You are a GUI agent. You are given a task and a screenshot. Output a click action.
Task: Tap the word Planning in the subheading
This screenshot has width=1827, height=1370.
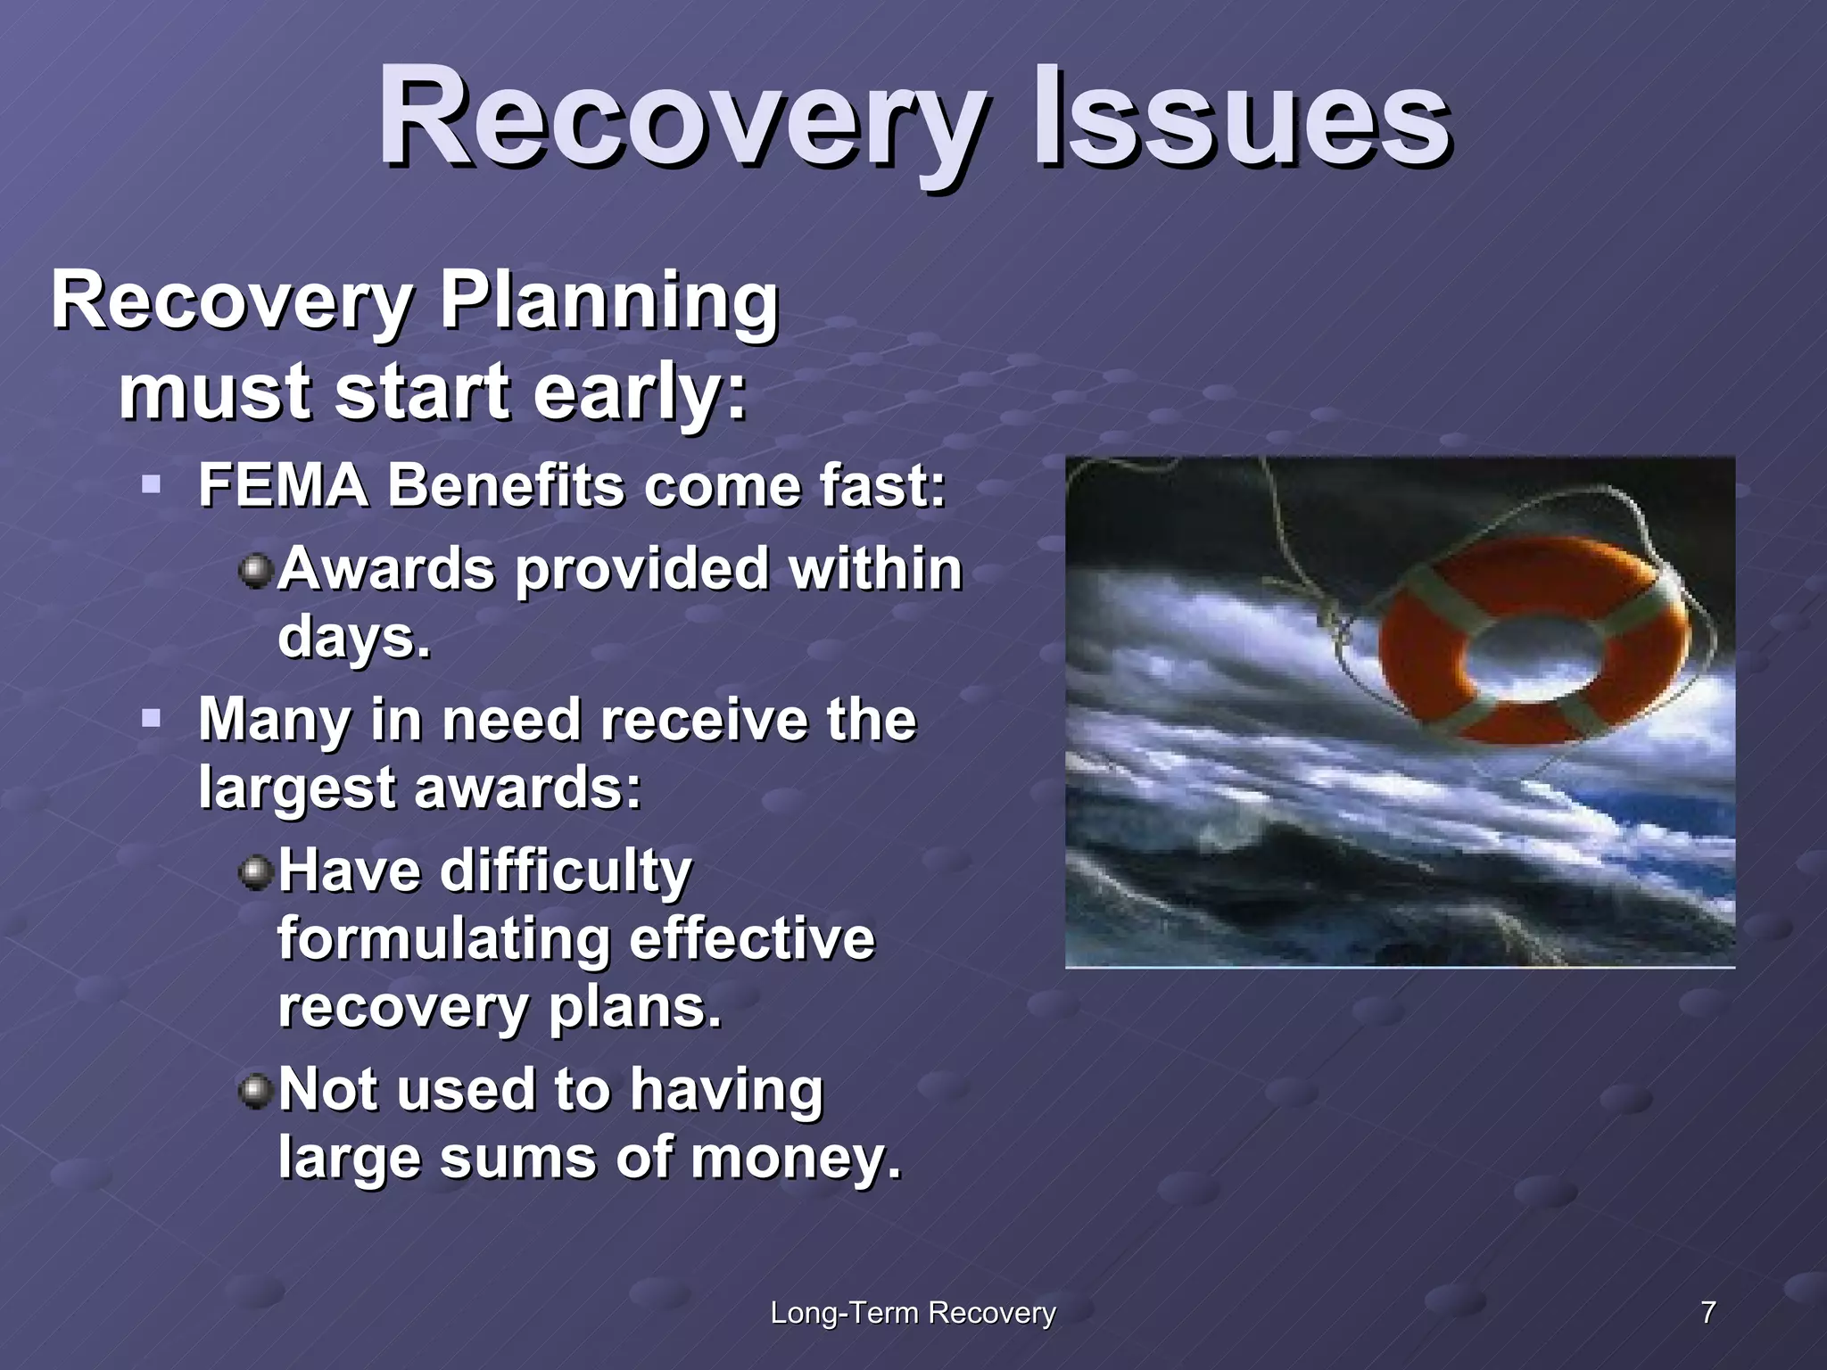(609, 301)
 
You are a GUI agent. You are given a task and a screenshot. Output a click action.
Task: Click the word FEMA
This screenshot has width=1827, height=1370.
(283, 486)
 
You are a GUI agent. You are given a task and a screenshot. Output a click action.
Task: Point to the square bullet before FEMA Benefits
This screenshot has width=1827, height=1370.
(151, 485)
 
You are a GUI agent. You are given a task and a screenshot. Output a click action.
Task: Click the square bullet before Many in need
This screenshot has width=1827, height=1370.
(151, 717)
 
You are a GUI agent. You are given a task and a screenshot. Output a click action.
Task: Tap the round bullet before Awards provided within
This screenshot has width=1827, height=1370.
(256, 570)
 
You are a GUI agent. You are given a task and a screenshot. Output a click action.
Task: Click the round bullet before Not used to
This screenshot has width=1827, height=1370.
(256, 1090)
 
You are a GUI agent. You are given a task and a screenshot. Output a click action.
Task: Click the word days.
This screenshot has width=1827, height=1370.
(354, 637)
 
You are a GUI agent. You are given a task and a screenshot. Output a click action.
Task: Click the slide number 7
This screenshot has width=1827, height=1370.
(1707, 1312)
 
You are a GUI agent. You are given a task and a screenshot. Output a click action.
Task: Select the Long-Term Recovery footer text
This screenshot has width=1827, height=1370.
(913, 1312)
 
